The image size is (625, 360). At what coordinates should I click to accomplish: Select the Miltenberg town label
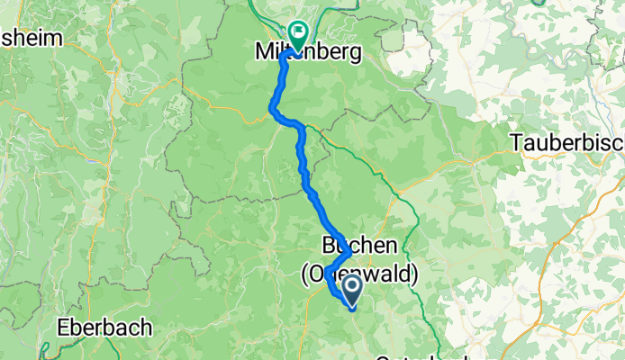303,54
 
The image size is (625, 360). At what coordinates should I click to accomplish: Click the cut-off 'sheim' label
32,38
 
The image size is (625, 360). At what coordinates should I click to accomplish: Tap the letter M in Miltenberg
253,54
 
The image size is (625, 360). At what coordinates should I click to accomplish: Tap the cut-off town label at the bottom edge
405,357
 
